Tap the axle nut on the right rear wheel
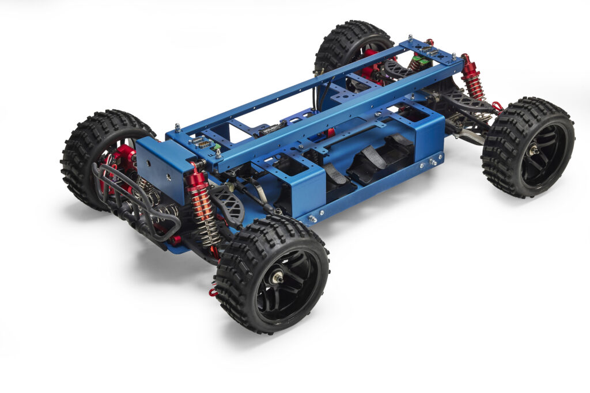click(x=534, y=150)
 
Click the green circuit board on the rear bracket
click(x=423, y=61)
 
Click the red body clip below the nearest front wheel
click(x=213, y=292)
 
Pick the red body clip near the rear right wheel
click(x=497, y=106)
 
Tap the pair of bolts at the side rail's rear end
click(x=431, y=163)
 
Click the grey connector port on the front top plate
click(x=202, y=142)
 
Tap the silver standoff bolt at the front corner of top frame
click(x=177, y=127)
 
